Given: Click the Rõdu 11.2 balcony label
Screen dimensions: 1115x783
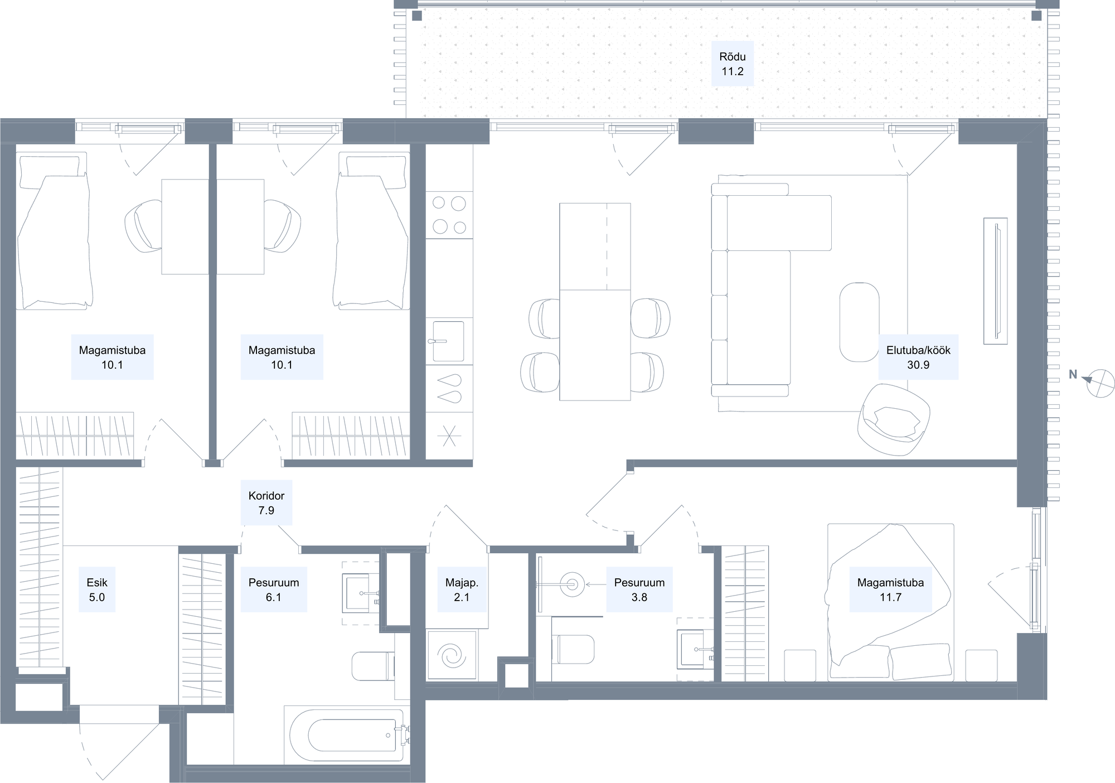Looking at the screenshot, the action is pos(732,64).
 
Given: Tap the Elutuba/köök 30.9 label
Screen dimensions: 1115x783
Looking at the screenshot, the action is pos(918,357).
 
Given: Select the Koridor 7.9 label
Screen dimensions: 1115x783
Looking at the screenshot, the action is pos(266,502).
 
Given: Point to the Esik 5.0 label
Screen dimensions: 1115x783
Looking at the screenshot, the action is pos(97,589).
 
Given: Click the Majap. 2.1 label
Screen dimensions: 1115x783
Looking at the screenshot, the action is pos(462,589).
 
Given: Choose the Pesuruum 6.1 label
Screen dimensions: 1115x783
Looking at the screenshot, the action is pos(274,589).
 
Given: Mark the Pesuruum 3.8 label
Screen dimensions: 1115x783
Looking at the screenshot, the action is pos(639,589).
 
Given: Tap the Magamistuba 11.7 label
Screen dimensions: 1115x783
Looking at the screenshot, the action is pos(890,589).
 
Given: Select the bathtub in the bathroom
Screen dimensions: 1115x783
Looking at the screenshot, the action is pos(347,735).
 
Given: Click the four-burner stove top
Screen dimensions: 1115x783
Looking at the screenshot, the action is pos(449,215).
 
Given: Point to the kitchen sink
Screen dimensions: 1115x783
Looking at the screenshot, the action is pos(448,341).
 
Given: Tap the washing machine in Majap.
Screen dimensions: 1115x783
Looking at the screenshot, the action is pos(452,655).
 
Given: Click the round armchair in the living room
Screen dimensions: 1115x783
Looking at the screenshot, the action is pos(894,419).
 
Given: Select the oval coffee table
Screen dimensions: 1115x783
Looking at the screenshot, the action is pos(859,322).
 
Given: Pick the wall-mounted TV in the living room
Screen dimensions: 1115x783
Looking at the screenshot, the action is pos(996,281).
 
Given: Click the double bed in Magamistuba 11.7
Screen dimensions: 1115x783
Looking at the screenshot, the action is pos(890,602).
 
